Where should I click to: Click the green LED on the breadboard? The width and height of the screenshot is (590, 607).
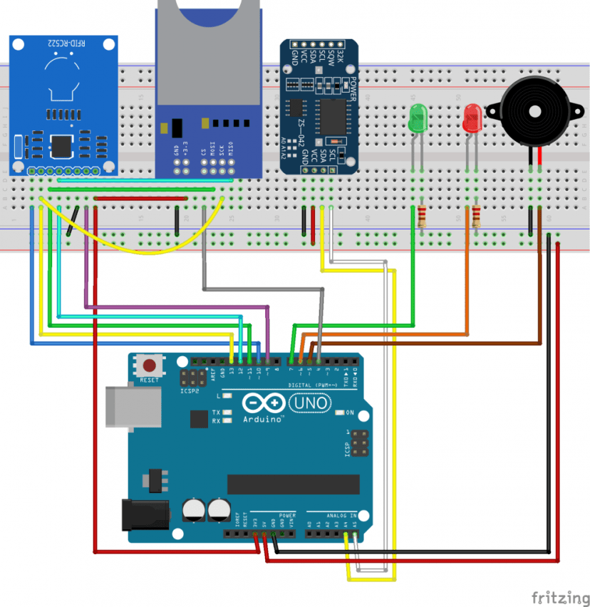click(x=417, y=118)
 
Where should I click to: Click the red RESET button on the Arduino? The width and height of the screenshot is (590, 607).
click(x=150, y=366)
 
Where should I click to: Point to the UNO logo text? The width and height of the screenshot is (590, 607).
click(x=311, y=404)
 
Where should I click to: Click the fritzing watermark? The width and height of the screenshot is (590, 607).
click(x=560, y=596)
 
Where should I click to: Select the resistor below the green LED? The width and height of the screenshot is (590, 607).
click(x=422, y=214)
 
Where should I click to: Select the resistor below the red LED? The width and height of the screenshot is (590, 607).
click(x=475, y=214)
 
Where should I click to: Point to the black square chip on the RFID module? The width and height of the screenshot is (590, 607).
click(x=62, y=146)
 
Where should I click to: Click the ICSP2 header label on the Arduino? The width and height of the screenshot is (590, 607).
click(x=189, y=390)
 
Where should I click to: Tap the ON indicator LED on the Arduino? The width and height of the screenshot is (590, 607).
click(x=339, y=413)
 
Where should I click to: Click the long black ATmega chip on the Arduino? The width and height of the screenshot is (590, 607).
click(x=293, y=484)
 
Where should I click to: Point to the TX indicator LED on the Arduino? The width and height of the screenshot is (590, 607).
click(x=227, y=413)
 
